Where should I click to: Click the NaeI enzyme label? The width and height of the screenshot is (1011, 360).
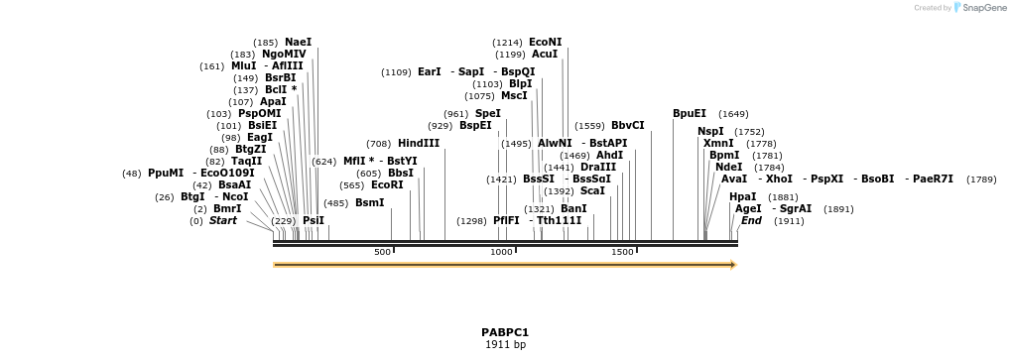click(x=299, y=42)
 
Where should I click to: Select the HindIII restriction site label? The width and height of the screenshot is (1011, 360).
click(x=419, y=143)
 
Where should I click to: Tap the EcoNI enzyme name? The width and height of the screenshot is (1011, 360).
click(x=545, y=42)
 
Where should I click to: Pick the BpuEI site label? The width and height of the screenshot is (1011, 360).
click(x=690, y=113)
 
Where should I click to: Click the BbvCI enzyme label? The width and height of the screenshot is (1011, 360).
click(x=627, y=125)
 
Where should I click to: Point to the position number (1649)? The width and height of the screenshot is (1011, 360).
click(x=733, y=114)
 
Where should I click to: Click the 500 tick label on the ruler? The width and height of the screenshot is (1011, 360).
click(x=382, y=253)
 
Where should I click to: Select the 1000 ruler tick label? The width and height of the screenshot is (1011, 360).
click(x=501, y=253)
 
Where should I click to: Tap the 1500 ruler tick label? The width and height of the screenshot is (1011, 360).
click(x=622, y=253)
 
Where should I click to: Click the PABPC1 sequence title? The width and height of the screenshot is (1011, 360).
click(x=505, y=332)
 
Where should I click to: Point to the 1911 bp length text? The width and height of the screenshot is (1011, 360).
click(x=505, y=345)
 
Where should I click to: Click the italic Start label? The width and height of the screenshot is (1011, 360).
click(x=222, y=220)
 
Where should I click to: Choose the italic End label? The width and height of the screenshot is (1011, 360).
click(x=751, y=220)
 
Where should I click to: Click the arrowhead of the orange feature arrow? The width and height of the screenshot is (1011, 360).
click(x=733, y=265)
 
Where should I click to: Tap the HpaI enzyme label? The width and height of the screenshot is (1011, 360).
click(x=742, y=196)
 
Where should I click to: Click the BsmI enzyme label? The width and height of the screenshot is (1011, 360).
click(x=369, y=202)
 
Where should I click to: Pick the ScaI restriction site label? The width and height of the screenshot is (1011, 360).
click(x=592, y=190)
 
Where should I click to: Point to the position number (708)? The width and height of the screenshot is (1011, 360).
click(x=379, y=144)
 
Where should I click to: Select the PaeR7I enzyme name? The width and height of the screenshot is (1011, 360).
click(x=933, y=179)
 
